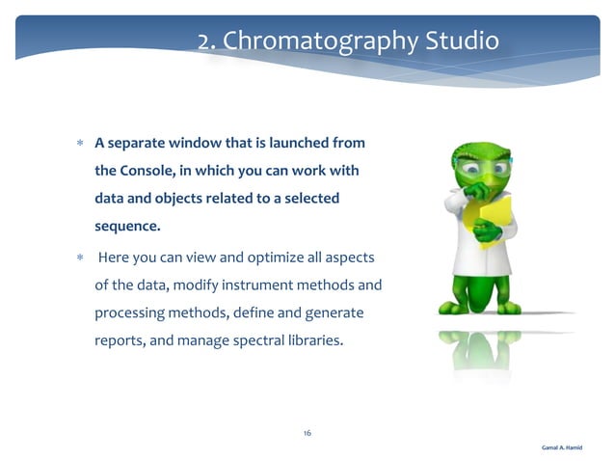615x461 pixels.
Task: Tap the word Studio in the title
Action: pos(462,41)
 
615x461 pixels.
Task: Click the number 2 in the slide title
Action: pos(205,41)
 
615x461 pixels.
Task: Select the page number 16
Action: pos(307,433)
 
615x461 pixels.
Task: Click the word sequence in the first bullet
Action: pos(126,227)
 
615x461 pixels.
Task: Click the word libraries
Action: pos(314,339)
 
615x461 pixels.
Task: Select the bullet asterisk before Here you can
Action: pos(80,258)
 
